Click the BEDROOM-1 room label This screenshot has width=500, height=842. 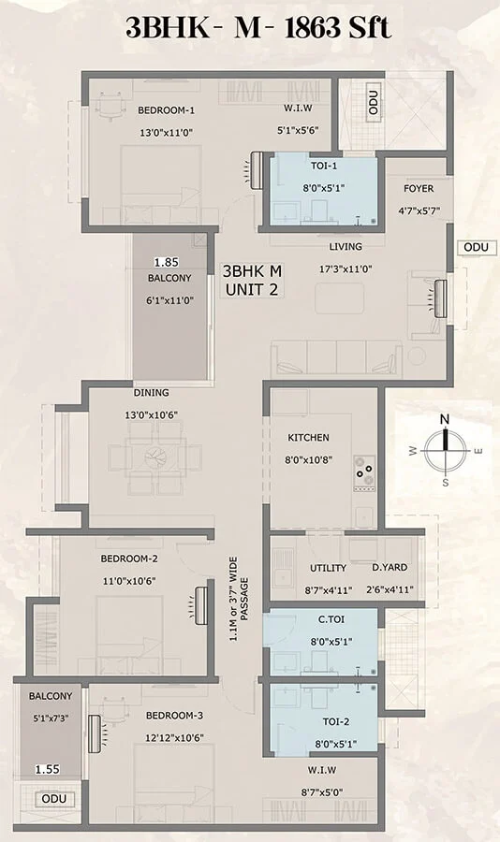pos(166,110)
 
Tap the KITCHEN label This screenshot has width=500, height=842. pos(309,438)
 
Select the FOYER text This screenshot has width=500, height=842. pos(419,188)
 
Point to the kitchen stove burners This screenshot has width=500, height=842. pos(364,472)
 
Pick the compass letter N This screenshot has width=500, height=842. pos(445,419)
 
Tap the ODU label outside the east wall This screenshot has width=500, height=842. pos(477,247)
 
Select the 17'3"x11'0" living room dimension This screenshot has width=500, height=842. pos(346,269)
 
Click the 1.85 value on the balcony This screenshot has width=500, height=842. pos(166,262)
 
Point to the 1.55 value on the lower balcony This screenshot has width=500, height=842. pos(48,770)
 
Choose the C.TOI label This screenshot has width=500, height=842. pos(331,619)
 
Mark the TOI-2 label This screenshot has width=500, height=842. pos(336,721)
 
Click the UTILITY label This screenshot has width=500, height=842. pos(328,568)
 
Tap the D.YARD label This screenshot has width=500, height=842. pos(390,567)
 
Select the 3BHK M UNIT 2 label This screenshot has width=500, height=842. pos(252,281)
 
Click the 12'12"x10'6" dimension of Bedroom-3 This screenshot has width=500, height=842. pos(174,738)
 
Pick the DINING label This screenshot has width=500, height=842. pos(151,393)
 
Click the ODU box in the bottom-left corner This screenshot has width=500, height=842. pos(53,799)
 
